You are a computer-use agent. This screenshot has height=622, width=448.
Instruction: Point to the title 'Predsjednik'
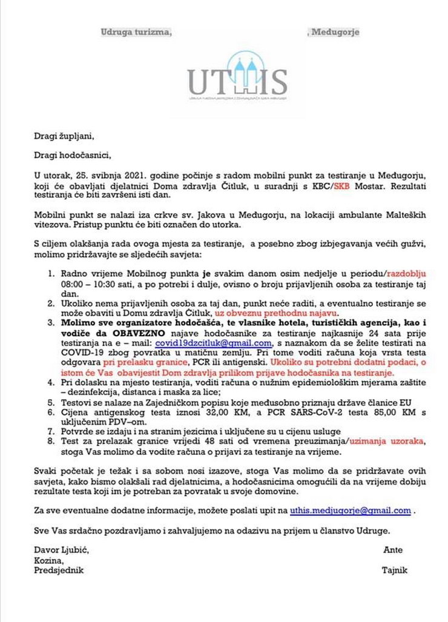[x=59, y=570]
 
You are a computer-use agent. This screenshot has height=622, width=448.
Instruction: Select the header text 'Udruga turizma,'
[x=136, y=32]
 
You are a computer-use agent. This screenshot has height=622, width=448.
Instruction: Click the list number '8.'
[x=52, y=443]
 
